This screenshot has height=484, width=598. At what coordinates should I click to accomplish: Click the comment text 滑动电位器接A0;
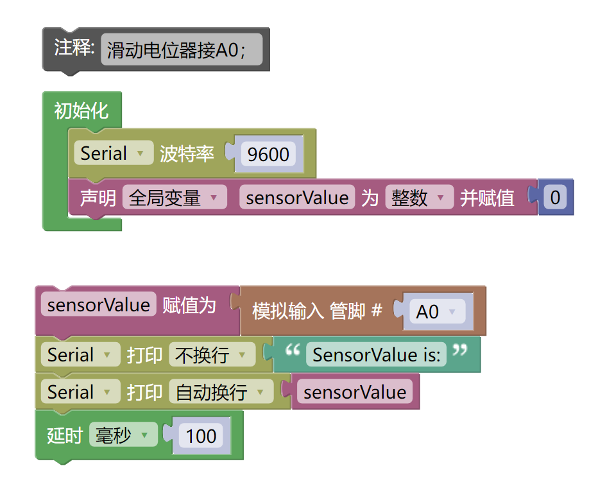pos(181,50)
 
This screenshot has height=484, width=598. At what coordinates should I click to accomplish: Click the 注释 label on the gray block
pos(74,48)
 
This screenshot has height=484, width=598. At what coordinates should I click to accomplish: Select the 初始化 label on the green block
pos(81,111)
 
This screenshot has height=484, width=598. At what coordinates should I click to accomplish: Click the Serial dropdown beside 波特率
pos(113,153)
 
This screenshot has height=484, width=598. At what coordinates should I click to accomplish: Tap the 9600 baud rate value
pos(268,155)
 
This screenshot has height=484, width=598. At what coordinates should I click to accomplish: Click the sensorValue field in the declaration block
pos(297,198)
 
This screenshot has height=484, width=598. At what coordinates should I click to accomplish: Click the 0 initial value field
pos(555,198)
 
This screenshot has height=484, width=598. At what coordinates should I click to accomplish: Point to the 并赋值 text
pos(487,198)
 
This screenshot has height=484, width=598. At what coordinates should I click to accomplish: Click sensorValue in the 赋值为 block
pos(98,305)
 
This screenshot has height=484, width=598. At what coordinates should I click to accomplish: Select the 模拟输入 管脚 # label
pos(317,311)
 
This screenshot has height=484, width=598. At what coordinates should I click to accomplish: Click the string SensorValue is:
pos(377,355)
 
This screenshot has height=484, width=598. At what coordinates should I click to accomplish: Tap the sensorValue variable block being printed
pos(355,392)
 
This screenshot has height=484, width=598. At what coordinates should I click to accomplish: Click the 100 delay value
pos(201,436)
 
